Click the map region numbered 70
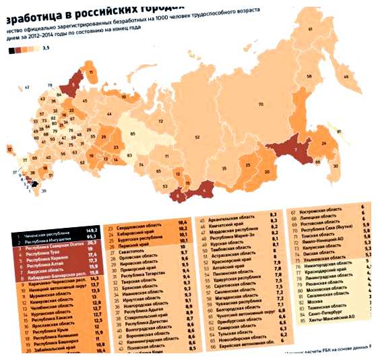pyautogui.click(x=261, y=104)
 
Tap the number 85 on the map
pyautogui.click(x=132, y=135)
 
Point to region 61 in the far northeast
pyautogui.click(x=311, y=30)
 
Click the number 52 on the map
pyautogui.click(x=197, y=137)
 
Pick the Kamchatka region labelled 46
pyautogui.click(x=346, y=78)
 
